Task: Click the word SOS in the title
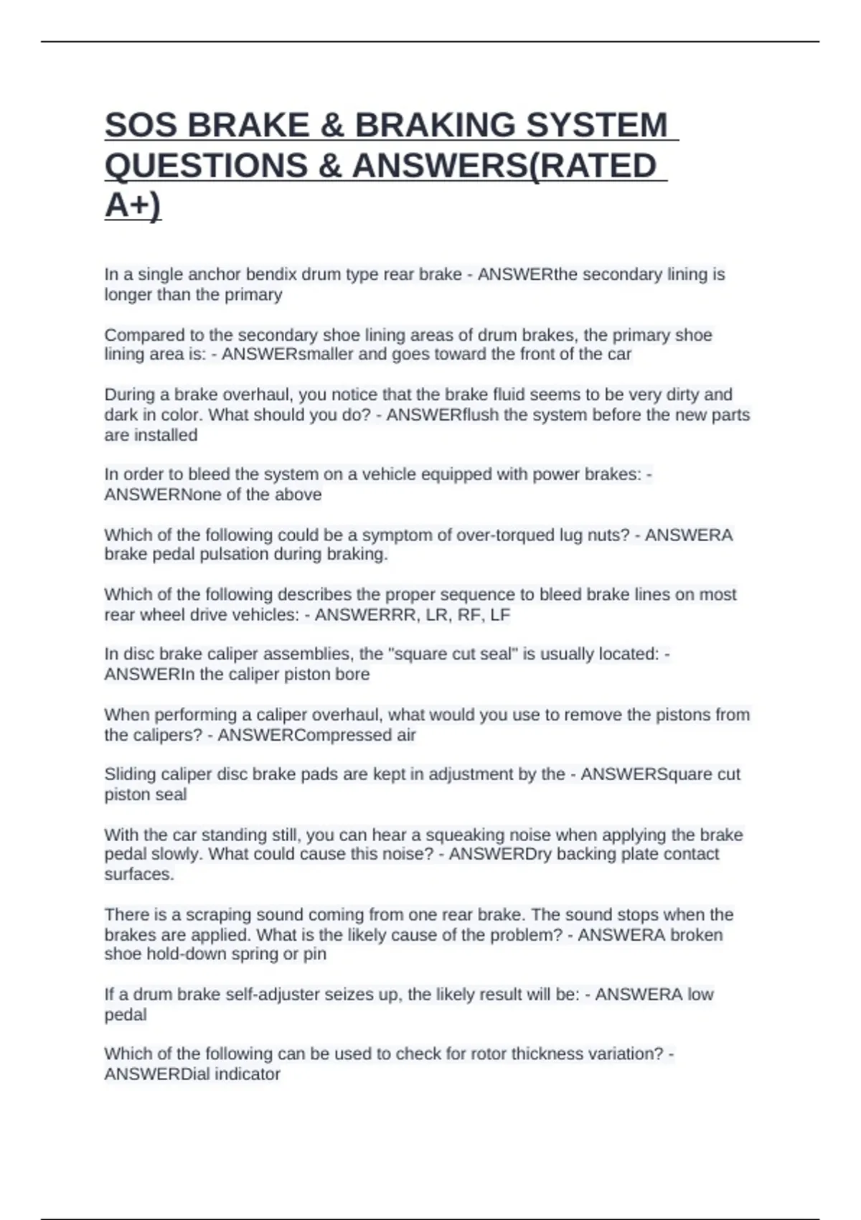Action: click(140, 126)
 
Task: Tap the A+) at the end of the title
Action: click(133, 205)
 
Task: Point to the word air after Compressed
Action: click(405, 735)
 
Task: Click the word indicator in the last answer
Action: click(248, 1074)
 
